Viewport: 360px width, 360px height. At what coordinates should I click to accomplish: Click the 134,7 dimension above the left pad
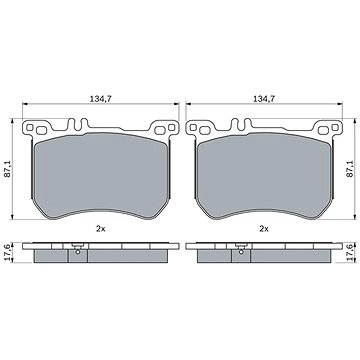100,99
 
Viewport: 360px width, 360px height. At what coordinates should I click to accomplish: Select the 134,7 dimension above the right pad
264,99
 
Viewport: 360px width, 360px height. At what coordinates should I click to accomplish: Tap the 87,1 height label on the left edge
9,168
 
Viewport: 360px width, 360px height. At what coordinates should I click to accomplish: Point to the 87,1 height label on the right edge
350,168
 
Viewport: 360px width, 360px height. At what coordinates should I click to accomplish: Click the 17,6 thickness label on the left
9,252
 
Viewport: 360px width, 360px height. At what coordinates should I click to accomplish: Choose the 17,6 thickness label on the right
350,252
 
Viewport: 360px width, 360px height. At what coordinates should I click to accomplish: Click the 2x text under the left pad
100,229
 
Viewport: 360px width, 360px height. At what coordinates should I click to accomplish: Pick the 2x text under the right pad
264,229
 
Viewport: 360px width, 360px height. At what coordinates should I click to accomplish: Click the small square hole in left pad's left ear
30,127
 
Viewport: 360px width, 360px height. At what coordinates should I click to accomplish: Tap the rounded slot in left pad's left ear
41,131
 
